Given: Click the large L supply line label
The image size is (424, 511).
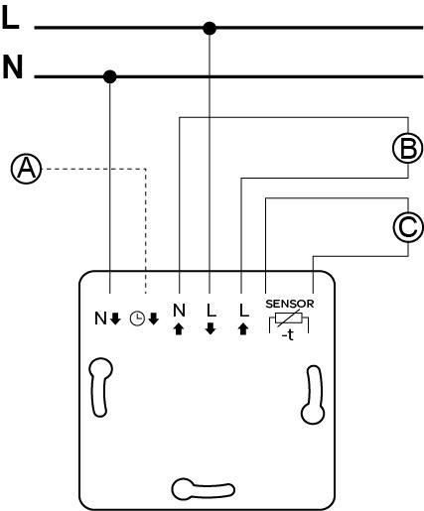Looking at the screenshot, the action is click(x=11, y=19).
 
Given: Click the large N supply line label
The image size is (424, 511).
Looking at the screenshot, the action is click(x=13, y=66).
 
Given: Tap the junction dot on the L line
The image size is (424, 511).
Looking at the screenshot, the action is click(x=210, y=29).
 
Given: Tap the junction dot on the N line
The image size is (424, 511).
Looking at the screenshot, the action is click(x=110, y=76).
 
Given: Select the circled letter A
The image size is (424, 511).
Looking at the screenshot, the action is click(x=27, y=169).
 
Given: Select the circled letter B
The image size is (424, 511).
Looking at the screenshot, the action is click(x=408, y=148).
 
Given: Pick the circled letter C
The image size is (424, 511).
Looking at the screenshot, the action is click(x=408, y=227).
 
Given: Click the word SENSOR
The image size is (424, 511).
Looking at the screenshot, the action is click(x=290, y=304).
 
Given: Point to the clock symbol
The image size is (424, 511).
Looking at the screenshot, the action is click(x=137, y=319).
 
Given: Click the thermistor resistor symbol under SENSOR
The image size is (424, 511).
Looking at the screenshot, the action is click(x=289, y=319).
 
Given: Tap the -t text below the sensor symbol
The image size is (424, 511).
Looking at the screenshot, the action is click(x=288, y=335).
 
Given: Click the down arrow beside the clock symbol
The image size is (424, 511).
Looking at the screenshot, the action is click(x=154, y=319).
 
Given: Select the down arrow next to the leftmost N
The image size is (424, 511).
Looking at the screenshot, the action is click(x=115, y=319).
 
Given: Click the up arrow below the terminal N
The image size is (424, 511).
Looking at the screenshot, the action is click(x=179, y=329).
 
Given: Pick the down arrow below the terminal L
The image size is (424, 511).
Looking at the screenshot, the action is click(x=211, y=329).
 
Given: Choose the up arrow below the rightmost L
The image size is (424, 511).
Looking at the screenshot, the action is click(x=243, y=329).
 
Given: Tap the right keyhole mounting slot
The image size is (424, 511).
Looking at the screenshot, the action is click(x=313, y=395).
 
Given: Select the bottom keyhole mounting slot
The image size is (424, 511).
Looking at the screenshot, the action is click(x=204, y=487).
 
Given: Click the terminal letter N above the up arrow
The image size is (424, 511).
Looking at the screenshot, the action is click(x=179, y=311).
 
